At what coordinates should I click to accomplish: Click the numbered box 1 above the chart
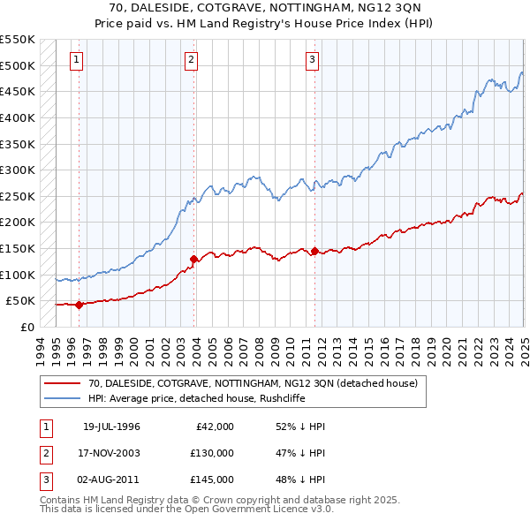[x=78, y=60]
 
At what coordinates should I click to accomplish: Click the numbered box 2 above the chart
[x=192, y=60]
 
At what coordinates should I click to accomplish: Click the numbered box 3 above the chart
[x=313, y=60]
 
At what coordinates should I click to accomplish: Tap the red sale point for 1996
[x=79, y=306]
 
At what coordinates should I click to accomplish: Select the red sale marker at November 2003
[x=193, y=259]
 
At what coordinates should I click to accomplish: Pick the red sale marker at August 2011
[x=314, y=251]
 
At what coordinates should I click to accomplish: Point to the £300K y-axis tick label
[x=18, y=170]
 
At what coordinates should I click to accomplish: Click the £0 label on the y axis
[x=26, y=327]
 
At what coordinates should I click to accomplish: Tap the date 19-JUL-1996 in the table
[x=111, y=427]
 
